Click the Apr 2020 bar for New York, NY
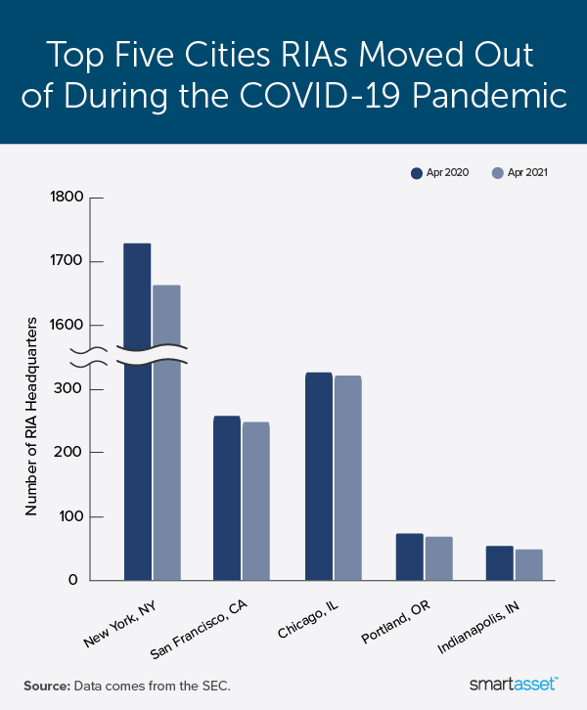point(137,411)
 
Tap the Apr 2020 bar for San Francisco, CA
point(227,499)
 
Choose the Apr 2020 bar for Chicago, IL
point(318,476)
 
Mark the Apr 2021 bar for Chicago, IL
point(347,478)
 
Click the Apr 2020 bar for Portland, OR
point(410,556)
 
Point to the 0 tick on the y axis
point(76,580)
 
